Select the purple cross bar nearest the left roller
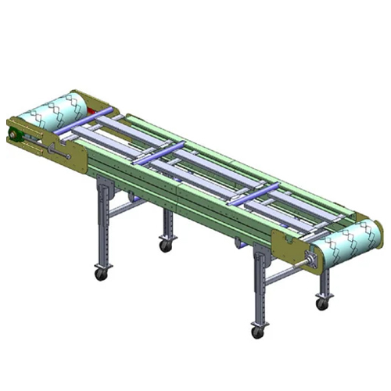click(x=85, y=120)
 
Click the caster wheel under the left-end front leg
click(x=101, y=274)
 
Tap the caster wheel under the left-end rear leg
click(x=166, y=246)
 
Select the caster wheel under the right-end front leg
click(x=257, y=332)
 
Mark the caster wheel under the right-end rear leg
click(x=321, y=303)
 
